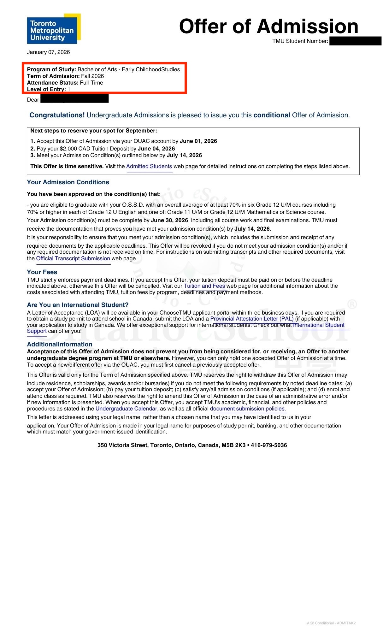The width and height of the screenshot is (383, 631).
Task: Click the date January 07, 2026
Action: tap(48, 52)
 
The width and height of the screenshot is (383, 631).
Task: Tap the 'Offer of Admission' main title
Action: tap(268, 26)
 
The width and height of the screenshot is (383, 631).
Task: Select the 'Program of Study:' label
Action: tap(51, 69)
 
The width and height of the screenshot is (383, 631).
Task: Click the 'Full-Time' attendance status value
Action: tap(91, 83)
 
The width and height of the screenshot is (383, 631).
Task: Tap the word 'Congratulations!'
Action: tap(57, 115)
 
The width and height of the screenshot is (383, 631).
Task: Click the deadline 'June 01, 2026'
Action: tap(198, 141)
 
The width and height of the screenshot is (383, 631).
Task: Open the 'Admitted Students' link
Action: tap(149, 166)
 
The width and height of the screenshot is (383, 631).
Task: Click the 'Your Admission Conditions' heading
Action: tap(68, 182)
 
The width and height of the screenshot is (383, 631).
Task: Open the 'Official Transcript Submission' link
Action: tap(73, 258)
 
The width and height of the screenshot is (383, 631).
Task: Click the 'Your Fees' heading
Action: tap(42, 272)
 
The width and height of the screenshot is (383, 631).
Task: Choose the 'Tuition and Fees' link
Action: tap(204, 286)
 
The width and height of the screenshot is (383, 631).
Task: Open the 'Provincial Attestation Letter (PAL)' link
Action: tap(252, 319)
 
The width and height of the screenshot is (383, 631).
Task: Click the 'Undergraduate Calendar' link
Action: tap(126, 409)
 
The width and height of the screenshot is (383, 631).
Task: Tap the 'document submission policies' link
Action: tap(247, 409)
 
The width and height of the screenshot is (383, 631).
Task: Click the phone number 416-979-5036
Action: tap(269, 445)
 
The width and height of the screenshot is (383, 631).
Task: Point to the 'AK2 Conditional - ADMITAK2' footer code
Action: tap(331, 623)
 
